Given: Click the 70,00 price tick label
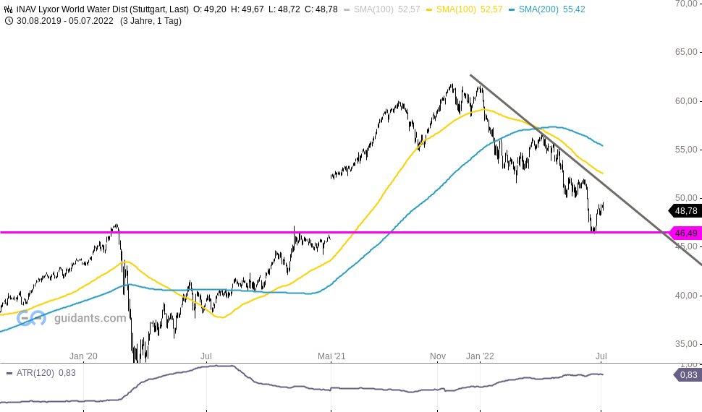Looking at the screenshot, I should coord(686,4).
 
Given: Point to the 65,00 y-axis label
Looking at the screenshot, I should coord(686,52).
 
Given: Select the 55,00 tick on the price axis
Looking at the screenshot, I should coord(686,150).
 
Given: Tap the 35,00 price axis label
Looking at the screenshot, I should coord(686,344).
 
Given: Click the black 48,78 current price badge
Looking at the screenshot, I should coord(685,211).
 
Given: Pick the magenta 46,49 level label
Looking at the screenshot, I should coord(685,233).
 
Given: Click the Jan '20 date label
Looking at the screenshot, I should coord(83,356).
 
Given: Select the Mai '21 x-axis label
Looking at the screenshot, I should coord(331,356).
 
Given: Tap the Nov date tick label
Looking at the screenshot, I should coord(437,356).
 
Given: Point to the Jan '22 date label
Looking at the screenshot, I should coord(480,356).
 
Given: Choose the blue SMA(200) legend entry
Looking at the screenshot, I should coord(551,9).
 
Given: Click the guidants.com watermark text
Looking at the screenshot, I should coord(90,318).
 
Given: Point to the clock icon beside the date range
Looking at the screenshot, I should coord(9,21).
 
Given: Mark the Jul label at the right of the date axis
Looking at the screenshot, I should coord(601,356).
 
